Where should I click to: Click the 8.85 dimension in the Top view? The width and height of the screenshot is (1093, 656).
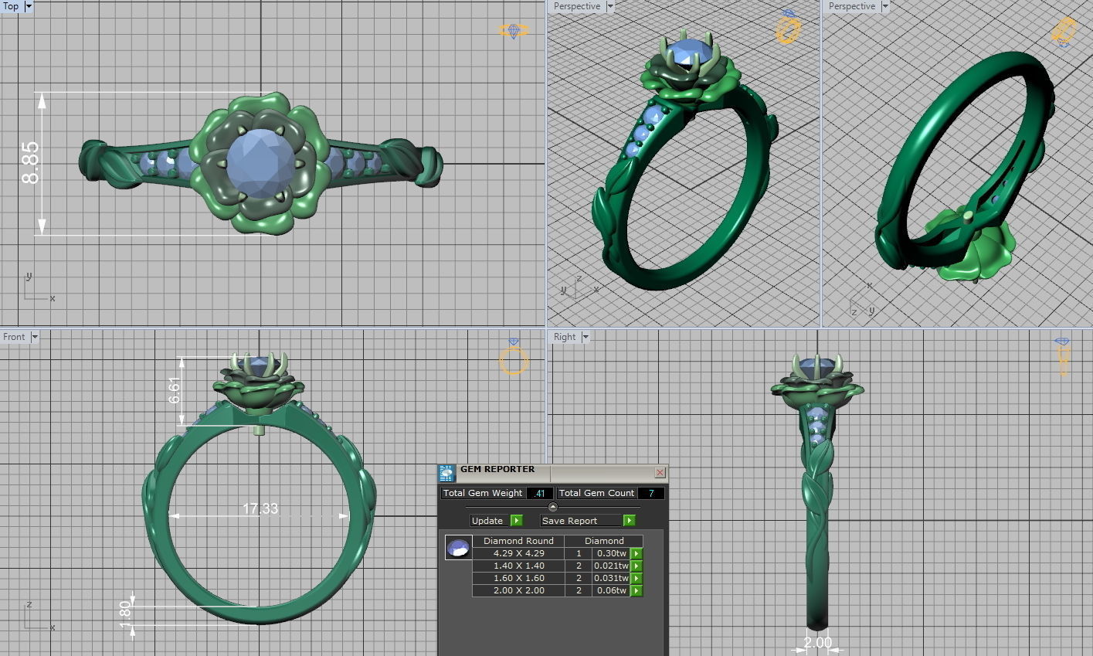pyautogui.click(x=30, y=162)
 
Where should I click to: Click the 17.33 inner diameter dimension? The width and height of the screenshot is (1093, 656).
pyautogui.click(x=260, y=508)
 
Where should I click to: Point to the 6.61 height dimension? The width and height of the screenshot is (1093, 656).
pyautogui.click(x=175, y=390)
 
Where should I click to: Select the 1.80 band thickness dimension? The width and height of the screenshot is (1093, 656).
pyautogui.click(x=125, y=615)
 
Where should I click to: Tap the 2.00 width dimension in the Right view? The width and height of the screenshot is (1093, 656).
pyautogui.click(x=818, y=643)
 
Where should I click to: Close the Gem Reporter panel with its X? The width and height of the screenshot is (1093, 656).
pyautogui.click(x=660, y=472)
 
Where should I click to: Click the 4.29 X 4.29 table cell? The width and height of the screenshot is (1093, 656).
pyautogui.click(x=518, y=553)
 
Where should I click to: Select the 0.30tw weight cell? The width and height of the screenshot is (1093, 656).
pyautogui.click(x=610, y=553)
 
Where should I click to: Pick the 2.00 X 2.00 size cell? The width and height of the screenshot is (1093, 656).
pyautogui.click(x=518, y=590)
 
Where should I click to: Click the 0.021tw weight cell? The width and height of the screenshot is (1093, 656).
pyautogui.click(x=610, y=566)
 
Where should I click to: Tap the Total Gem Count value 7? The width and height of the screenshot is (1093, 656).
pyautogui.click(x=651, y=493)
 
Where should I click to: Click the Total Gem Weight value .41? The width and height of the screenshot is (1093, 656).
pyautogui.click(x=539, y=493)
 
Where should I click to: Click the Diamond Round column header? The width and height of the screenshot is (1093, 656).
pyautogui.click(x=518, y=541)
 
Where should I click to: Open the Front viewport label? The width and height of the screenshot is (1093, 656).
pyautogui.click(x=14, y=337)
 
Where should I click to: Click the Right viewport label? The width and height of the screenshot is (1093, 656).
pyautogui.click(x=565, y=337)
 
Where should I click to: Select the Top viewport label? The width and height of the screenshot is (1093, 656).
pyautogui.click(x=11, y=6)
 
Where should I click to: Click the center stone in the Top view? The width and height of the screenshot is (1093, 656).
pyautogui.click(x=260, y=162)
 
